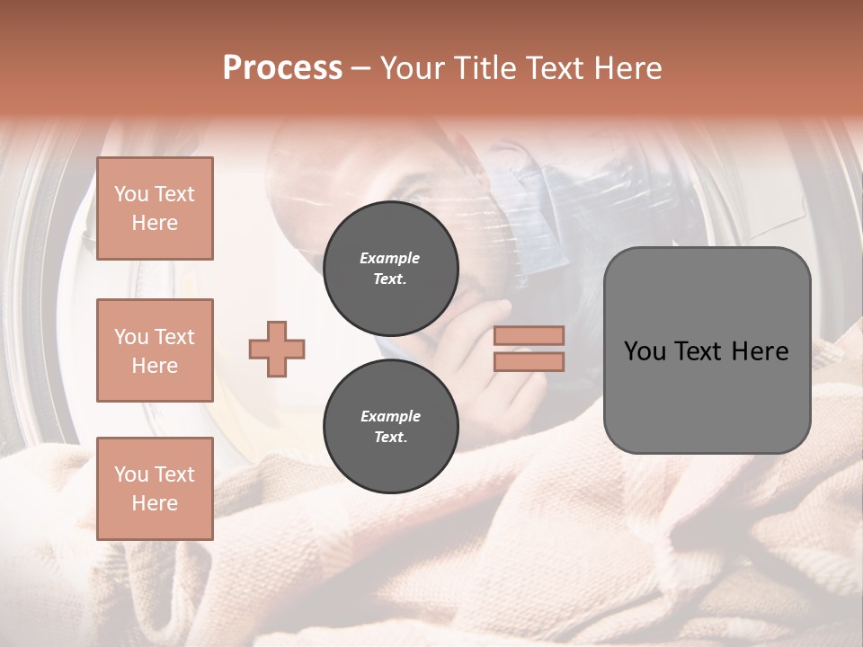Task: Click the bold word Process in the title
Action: (282, 68)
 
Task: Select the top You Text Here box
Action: (155, 208)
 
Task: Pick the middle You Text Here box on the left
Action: (155, 350)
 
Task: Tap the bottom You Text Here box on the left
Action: (155, 489)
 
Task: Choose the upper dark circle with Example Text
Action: (390, 269)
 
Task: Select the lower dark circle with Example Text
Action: (390, 427)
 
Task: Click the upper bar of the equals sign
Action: (529, 336)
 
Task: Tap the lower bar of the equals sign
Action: (529, 362)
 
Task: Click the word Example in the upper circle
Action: (390, 259)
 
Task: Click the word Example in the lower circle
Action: (390, 417)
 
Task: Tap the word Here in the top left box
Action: (155, 223)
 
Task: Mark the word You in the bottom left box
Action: (131, 474)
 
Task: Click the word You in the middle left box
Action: (131, 337)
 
